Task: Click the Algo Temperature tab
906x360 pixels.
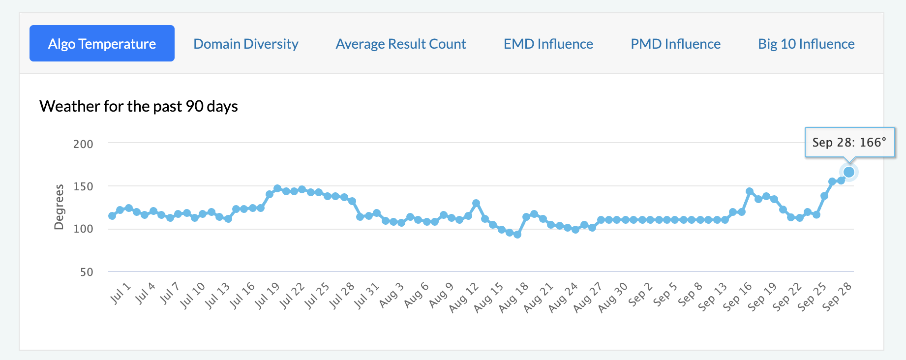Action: point(102,43)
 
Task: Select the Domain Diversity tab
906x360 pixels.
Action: point(246,44)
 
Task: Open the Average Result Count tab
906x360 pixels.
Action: point(401,44)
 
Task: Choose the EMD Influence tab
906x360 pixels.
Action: point(548,44)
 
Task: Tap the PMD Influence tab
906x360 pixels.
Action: point(676,44)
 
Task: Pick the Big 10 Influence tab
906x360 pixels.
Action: point(807,44)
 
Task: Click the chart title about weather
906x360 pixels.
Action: point(139,106)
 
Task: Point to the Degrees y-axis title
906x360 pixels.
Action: point(59,207)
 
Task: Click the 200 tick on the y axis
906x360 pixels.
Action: point(83,144)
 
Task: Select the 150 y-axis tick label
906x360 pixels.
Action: point(83,186)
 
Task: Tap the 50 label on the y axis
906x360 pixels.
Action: point(87,272)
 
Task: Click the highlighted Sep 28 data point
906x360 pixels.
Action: point(849,172)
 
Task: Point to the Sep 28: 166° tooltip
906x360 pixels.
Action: point(849,142)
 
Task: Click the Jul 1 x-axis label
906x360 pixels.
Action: point(120,293)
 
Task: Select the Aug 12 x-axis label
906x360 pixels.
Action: point(464,297)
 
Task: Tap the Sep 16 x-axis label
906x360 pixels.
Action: point(737,297)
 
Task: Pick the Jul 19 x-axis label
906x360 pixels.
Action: point(267,295)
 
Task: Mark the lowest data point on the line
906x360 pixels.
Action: point(517,235)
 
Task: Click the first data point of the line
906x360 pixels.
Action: point(112,216)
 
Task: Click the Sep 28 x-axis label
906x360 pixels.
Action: point(837,297)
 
